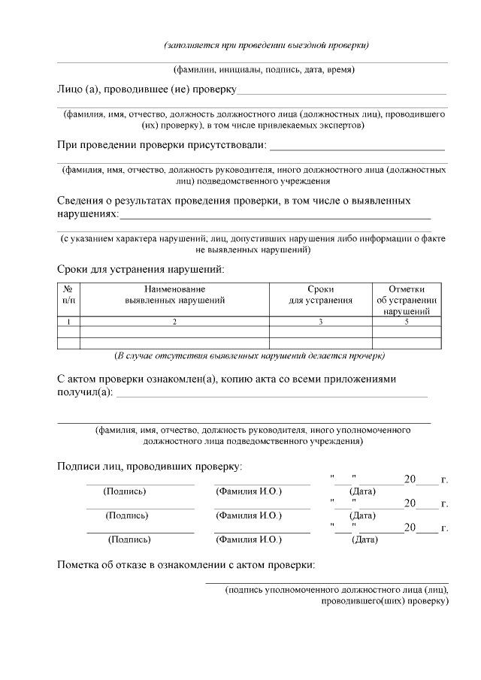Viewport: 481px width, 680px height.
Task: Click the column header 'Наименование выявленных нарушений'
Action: coord(174,295)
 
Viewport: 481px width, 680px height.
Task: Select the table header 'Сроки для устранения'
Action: coord(321,295)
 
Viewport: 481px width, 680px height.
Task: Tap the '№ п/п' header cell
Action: coord(68,295)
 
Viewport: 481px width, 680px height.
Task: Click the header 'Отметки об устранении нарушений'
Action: coord(407,300)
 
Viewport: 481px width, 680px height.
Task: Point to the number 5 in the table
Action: coord(407,322)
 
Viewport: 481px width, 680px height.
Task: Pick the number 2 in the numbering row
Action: coord(174,322)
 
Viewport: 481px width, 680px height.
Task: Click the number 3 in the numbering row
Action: coord(321,322)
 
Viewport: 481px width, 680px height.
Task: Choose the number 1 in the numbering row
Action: coord(68,322)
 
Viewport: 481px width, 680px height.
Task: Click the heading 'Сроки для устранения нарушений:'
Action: coord(141,269)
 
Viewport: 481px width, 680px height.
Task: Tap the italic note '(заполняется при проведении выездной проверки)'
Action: coord(266,45)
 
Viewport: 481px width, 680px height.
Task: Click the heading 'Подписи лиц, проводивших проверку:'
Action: coord(150,467)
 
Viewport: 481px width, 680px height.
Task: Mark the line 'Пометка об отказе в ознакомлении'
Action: coord(186,565)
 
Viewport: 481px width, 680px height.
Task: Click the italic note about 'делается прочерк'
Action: coord(249,354)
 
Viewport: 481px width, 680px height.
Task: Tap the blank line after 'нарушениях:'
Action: coord(275,216)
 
